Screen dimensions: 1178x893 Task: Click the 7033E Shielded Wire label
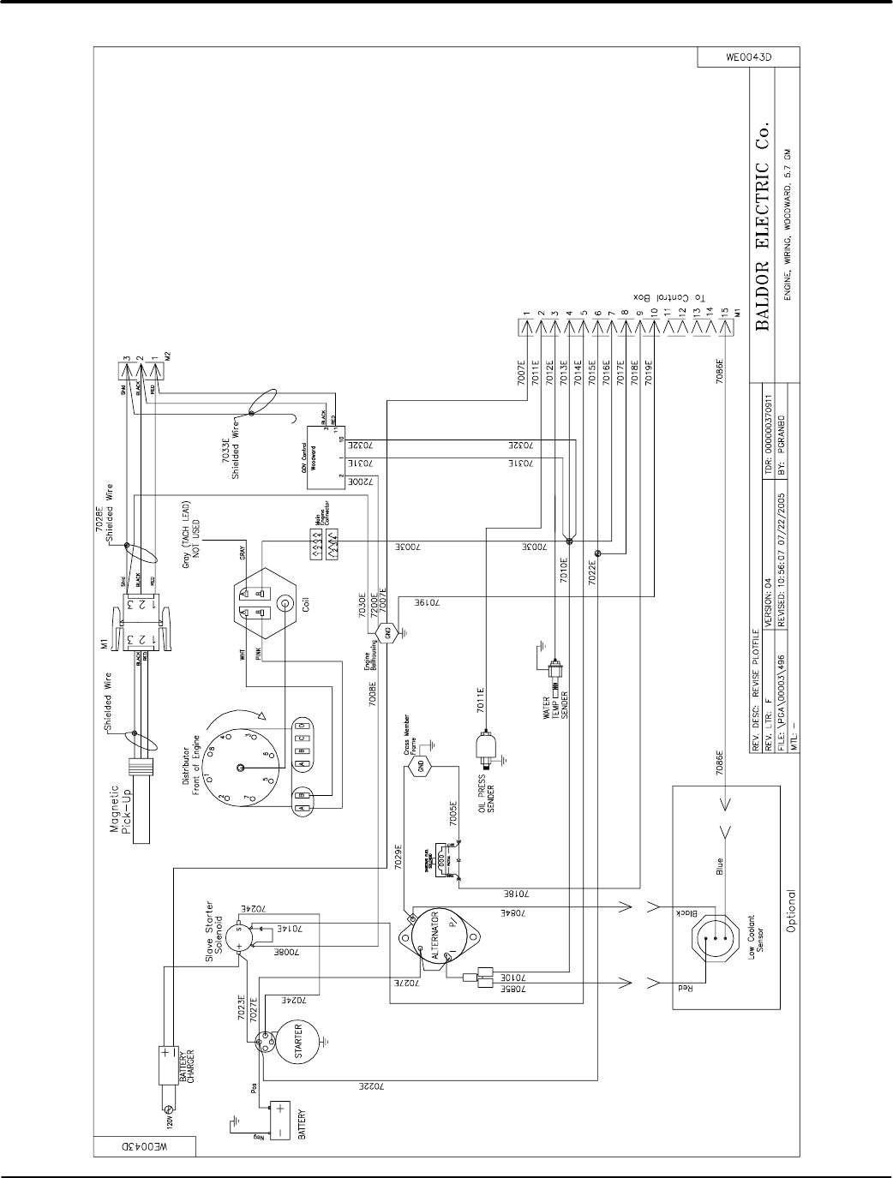(237, 460)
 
